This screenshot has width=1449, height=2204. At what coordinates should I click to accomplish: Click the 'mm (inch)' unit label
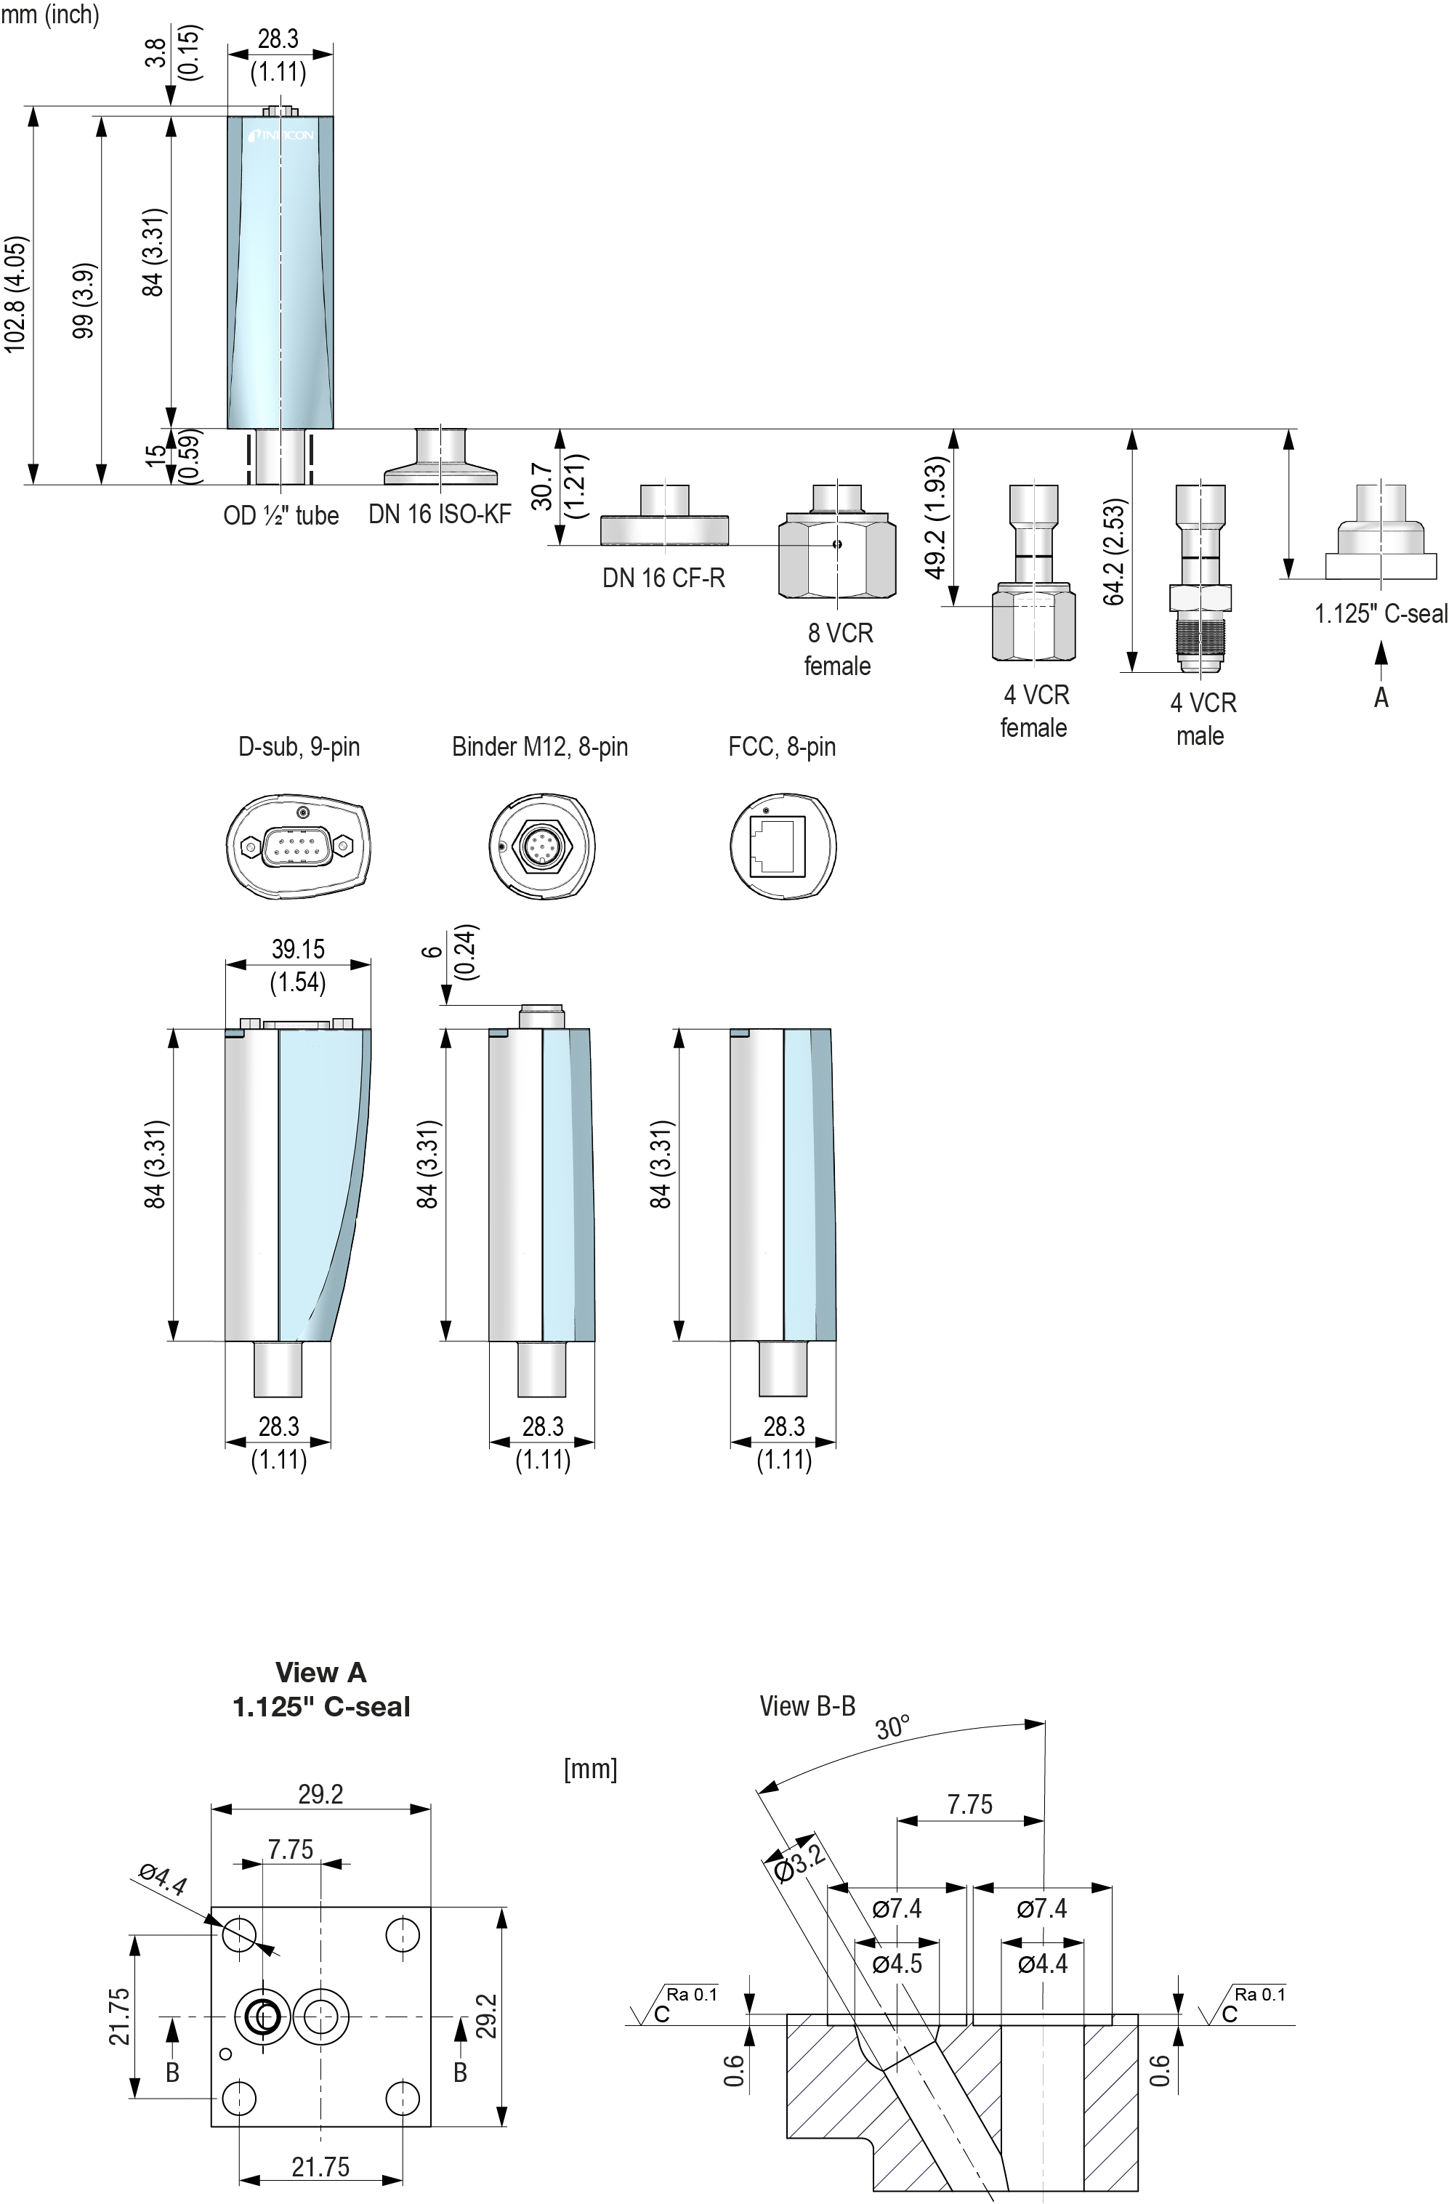point(50,15)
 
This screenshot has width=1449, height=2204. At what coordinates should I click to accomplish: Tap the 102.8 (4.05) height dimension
point(17,294)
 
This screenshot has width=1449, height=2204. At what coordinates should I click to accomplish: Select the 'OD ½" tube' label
point(280,515)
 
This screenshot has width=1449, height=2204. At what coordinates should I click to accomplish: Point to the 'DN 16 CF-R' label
point(663,578)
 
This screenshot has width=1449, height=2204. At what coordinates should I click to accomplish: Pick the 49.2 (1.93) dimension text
point(937,517)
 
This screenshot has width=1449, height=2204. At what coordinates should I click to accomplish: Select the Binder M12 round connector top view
point(541,845)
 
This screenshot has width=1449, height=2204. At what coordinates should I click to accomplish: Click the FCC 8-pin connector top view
point(783,845)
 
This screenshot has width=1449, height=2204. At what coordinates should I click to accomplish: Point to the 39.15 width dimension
point(298,949)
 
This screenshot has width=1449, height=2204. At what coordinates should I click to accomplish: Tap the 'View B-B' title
point(807,1705)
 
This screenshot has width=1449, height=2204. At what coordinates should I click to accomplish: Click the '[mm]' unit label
point(590,1768)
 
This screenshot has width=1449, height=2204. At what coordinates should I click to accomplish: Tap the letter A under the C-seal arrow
point(1381,698)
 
